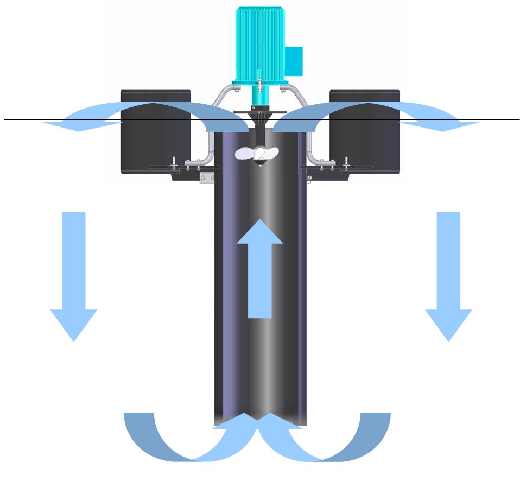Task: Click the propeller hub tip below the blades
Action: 261,164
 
